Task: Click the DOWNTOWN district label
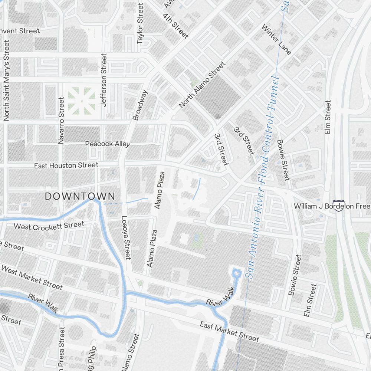pos(80,197)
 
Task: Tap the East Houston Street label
pos(66,165)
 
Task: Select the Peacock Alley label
pos(108,144)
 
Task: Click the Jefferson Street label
pos(104,80)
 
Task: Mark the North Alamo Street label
pos(202,85)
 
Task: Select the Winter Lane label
pos(276,39)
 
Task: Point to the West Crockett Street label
pos(49,226)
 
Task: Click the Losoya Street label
pos(126,237)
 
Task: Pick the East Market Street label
pos(229,331)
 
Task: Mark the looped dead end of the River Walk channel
pos(236,274)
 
